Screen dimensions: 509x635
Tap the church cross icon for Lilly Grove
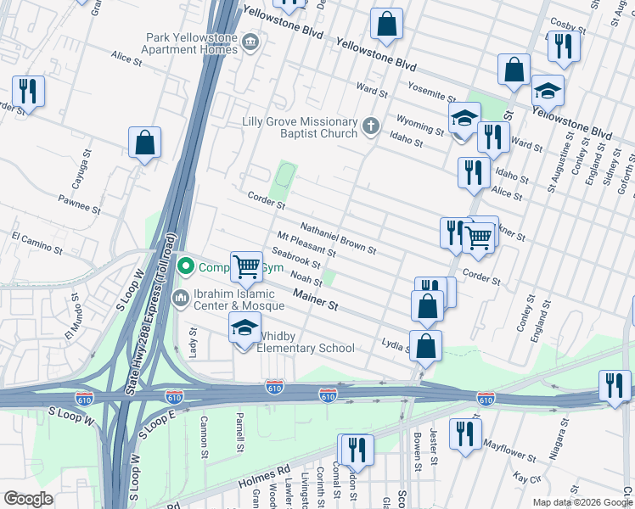tap(369, 127)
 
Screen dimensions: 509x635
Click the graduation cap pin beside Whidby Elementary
tap(244, 327)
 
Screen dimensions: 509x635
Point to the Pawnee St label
tap(80, 203)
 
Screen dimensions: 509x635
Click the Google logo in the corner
tap(28, 499)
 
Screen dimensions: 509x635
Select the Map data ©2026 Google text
tap(582, 502)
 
